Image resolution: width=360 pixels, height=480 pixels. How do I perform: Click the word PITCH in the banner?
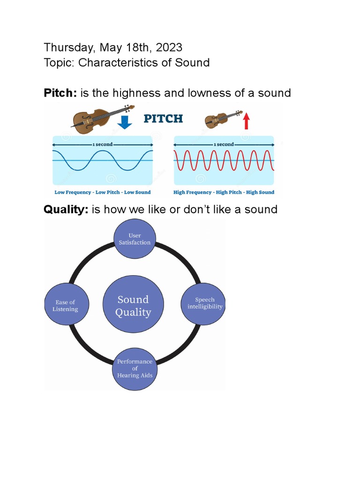pyautogui.click(x=163, y=119)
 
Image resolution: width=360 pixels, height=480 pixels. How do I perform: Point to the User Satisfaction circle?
pyautogui.click(x=135, y=239)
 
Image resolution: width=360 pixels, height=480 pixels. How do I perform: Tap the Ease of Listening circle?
pyautogui.click(x=66, y=306)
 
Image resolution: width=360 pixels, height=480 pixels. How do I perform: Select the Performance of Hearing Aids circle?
pyautogui.click(x=135, y=368)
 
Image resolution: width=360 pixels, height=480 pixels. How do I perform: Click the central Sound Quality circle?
pyautogui.click(x=134, y=306)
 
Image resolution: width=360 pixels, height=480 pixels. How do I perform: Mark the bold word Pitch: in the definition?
pyautogui.click(x=60, y=93)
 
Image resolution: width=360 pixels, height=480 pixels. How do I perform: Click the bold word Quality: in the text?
pyautogui.click(x=66, y=209)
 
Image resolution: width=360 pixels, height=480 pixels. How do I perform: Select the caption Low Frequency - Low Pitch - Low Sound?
pyautogui.click(x=103, y=192)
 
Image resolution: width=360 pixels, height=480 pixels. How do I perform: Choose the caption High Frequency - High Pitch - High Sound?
pyautogui.click(x=224, y=192)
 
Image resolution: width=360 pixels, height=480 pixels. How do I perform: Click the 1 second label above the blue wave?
pyautogui.click(x=103, y=144)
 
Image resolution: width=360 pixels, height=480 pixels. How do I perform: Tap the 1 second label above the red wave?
pyautogui.click(x=224, y=144)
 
